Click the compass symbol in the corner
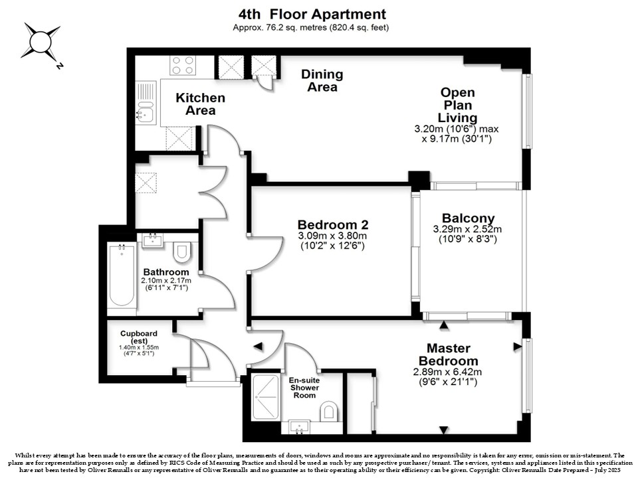pyautogui.click(x=41, y=42)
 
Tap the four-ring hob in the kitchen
pyautogui.click(x=183, y=65)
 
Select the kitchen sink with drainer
pyautogui.click(x=146, y=102)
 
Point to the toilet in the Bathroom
pyautogui.click(x=182, y=252)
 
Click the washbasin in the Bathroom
pyautogui.click(x=153, y=240)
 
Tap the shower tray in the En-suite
pyautogui.click(x=265, y=397)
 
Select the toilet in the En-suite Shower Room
pyautogui.click(x=329, y=412)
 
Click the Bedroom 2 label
pyautogui.click(x=333, y=224)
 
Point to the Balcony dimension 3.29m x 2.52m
pyautogui.click(x=467, y=229)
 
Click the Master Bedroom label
pyautogui.click(x=449, y=355)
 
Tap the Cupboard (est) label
pyautogui.click(x=139, y=337)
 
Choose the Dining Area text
pyautogui.click(x=322, y=80)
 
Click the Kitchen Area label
pyautogui.click(x=200, y=104)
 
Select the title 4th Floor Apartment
pyautogui.click(x=312, y=14)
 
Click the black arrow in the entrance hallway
pyautogui.click(x=258, y=347)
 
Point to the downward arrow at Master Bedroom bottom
pyautogui.click(x=443, y=430)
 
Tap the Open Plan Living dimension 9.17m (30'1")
pyautogui.click(x=457, y=139)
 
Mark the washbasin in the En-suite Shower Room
pyautogui.click(x=300, y=427)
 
